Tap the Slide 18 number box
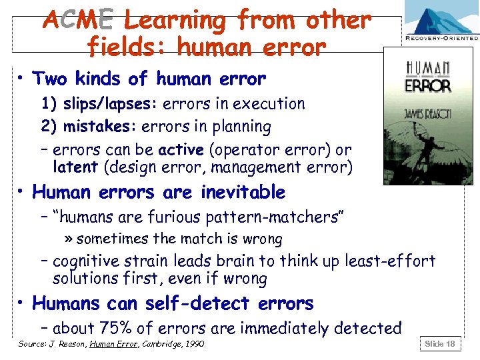pyautogui.click(x=440, y=343)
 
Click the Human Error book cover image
pyautogui.click(x=427, y=118)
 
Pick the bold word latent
pyautogui.click(x=75, y=167)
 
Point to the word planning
pyautogui.click(x=241, y=127)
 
